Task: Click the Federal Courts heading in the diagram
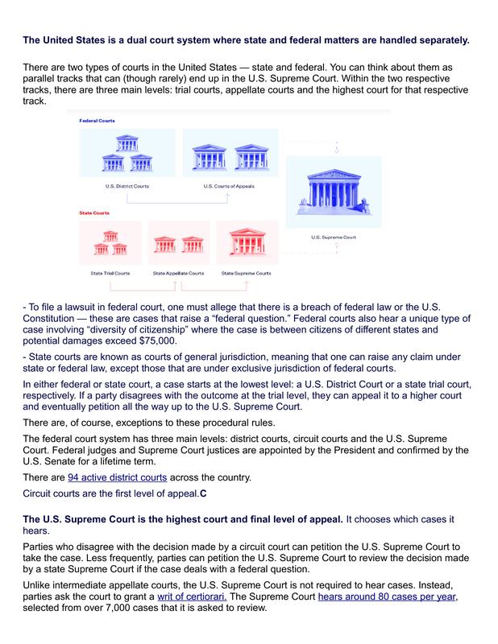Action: pos(98,120)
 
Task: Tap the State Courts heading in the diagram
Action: pos(93,213)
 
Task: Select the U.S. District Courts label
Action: pos(127,186)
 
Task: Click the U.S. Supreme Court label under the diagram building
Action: pos(334,237)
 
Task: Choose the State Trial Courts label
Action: pos(110,274)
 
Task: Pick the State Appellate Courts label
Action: pos(178,274)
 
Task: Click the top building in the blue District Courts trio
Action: pos(127,144)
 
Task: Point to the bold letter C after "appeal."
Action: pos(204,493)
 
